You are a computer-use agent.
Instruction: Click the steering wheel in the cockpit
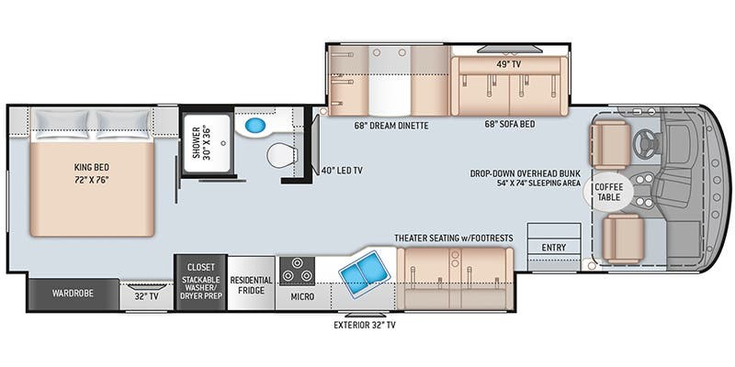(x=645, y=143)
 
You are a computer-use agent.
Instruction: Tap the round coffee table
(x=608, y=193)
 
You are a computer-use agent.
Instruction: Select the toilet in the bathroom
(x=282, y=155)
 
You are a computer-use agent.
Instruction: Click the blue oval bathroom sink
(x=255, y=126)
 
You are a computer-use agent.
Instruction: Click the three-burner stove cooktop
(x=297, y=271)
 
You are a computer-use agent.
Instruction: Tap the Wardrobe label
(x=73, y=294)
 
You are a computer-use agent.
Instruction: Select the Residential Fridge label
(x=251, y=285)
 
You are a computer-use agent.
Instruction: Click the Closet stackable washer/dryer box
(x=201, y=283)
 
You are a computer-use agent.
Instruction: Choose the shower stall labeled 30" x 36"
(x=207, y=143)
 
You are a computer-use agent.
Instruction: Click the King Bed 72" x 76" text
(x=92, y=173)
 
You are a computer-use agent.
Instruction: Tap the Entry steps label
(x=554, y=247)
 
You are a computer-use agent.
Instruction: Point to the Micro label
(x=302, y=296)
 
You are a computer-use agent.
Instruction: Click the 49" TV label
(x=509, y=64)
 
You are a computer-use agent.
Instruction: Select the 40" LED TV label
(x=342, y=171)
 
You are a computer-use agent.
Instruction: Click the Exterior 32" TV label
(x=364, y=325)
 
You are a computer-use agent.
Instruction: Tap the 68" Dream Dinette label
(x=391, y=126)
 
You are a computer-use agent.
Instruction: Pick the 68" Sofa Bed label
(x=510, y=125)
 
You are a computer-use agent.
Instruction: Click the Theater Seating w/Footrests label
(x=453, y=239)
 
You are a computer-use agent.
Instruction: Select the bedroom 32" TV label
(x=146, y=295)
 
